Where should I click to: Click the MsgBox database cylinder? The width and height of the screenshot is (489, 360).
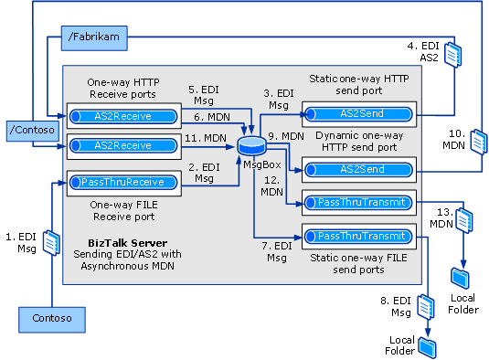(x=250, y=144)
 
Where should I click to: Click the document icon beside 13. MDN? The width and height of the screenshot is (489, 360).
(x=464, y=220)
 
